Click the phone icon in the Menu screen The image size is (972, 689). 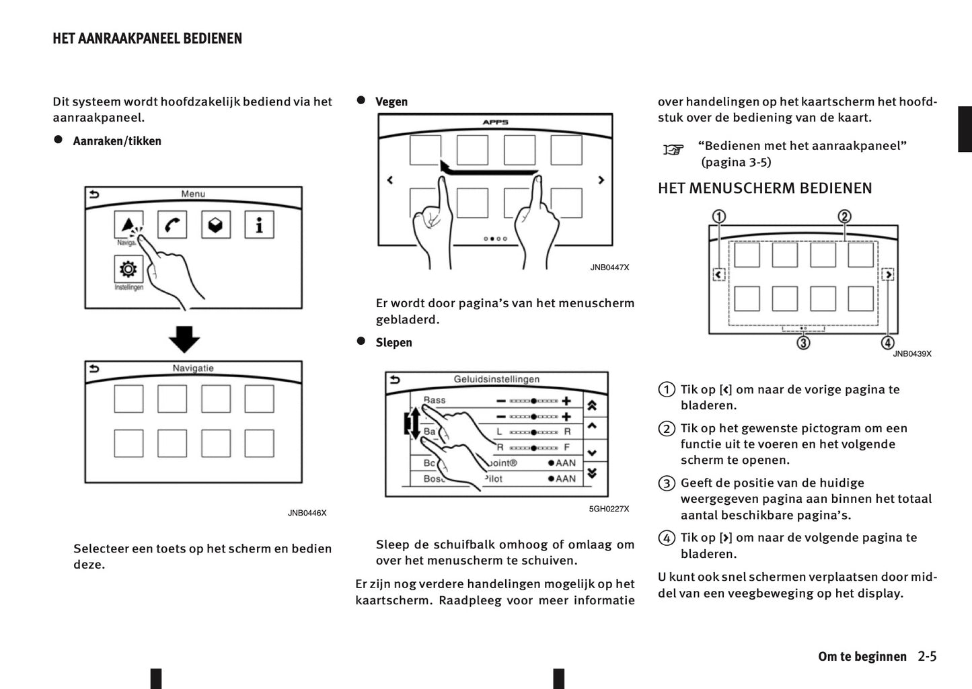pos(172,225)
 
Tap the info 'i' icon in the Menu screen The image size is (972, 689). pos(259,225)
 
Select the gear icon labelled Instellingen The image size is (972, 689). pos(128,270)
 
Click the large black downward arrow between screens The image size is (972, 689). pos(184,339)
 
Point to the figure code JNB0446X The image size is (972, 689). pos(307,513)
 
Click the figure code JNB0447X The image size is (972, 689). pos(609,268)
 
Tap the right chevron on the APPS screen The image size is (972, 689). pos(601,180)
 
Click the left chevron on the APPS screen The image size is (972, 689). pos(390,180)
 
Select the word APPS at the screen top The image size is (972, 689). pos(495,122)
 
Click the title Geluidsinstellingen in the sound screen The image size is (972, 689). pos(496,379)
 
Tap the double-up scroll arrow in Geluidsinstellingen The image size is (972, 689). pos(592,405)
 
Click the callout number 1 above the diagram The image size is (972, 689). pos(719,216)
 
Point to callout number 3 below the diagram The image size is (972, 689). pos(803,343)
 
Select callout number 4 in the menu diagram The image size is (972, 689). pos(887,343)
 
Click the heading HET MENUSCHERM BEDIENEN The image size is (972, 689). pos(765,188)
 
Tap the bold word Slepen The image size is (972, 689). pos(394,342)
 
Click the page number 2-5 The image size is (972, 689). pos(927,656)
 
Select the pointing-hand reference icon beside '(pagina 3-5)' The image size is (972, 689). pos(673,149)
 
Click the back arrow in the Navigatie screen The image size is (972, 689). pos(94,368)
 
